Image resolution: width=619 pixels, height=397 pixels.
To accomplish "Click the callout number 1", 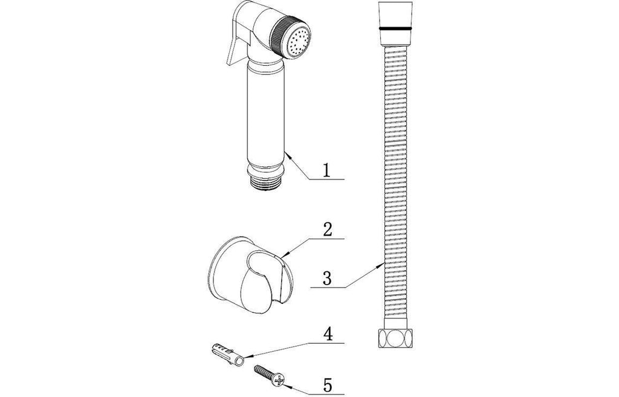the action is [326, 171].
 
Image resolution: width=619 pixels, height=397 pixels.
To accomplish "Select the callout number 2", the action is [328, 230].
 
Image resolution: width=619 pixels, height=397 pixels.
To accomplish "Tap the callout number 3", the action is [327, 278].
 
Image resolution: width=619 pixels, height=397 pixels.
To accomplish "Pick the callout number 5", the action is [328, 384].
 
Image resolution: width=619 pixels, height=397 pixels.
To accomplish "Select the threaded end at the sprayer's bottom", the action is [264, 184].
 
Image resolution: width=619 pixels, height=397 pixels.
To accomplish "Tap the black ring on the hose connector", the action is [395, 29].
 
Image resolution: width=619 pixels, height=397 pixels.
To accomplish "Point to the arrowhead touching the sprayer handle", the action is [288, 155].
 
